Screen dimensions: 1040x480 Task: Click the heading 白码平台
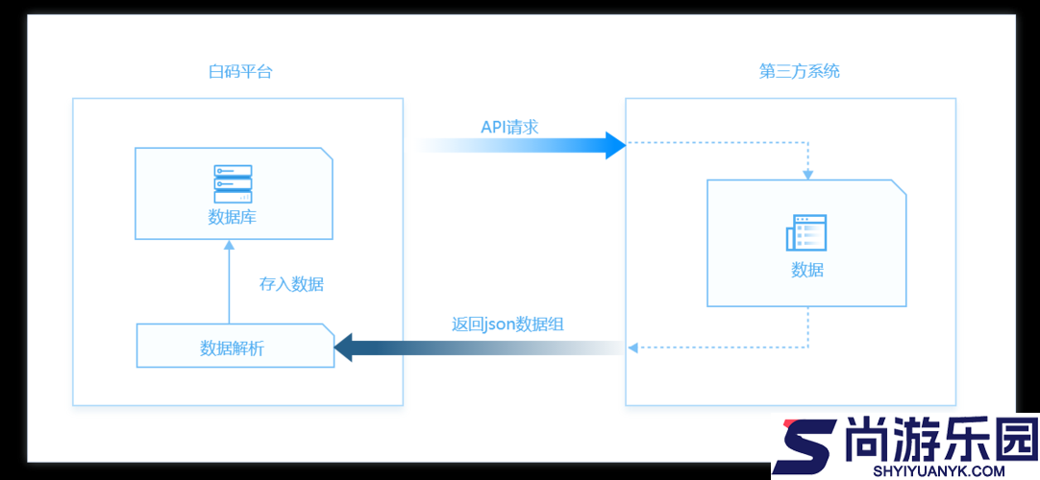click(240, 71)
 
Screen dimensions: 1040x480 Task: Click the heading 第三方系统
click(800, 71)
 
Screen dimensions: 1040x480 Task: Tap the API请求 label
click(509, 127)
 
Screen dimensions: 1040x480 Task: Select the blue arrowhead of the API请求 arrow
click(616, 145)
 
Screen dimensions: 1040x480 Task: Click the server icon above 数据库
click(233, 184)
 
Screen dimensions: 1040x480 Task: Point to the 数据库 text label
click(233, 217)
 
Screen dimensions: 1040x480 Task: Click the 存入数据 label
click(291, 285)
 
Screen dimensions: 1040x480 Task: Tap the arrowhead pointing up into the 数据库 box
click(230, 244)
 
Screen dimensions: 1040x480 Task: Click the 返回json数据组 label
click(508, 324)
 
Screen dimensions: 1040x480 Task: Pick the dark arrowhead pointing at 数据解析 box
click(343, 348)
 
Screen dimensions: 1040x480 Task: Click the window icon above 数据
click(806, 232)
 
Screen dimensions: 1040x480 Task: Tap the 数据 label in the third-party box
click(807, 270)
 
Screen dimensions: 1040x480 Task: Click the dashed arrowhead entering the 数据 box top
click(807, 176)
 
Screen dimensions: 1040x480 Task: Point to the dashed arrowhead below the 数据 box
click(632, 347)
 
